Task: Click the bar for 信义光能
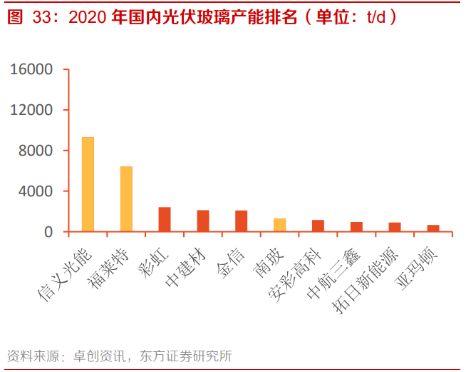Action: coord(88,184)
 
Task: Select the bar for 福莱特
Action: coord(126,199)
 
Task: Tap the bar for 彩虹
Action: coord(165,219)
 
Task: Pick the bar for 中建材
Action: coord(203,221)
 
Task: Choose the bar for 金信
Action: coord(242,221)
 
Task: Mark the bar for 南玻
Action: coord(280,225)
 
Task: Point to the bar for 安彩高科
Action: coord(319,226)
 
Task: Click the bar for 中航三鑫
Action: coord(356,226)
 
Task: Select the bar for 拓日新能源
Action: coord(395,227)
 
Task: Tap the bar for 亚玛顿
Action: coord(433,228)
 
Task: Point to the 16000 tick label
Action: coord(31,70)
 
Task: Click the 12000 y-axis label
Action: coord(31,110)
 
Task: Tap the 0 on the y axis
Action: coord(48,232)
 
